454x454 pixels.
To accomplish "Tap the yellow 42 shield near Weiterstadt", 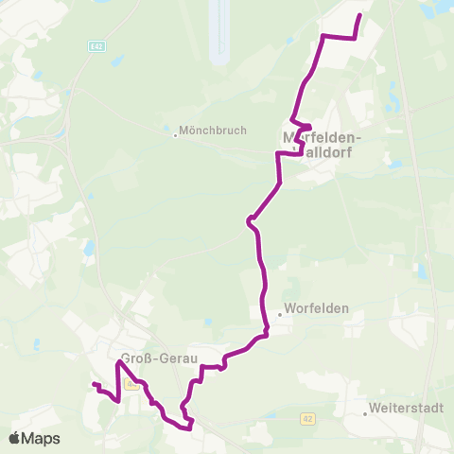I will [308, 416].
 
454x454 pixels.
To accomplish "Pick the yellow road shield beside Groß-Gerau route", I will [133, 382].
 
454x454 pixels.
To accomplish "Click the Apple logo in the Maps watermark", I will [15, 438].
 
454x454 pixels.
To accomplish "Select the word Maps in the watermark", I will [42, 438].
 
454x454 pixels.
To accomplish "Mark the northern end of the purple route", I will [360, 15].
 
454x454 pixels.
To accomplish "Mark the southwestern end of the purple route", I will [93, 383].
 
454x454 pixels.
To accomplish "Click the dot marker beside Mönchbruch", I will [175, 133].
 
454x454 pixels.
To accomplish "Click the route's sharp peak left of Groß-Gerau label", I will [120, 362].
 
